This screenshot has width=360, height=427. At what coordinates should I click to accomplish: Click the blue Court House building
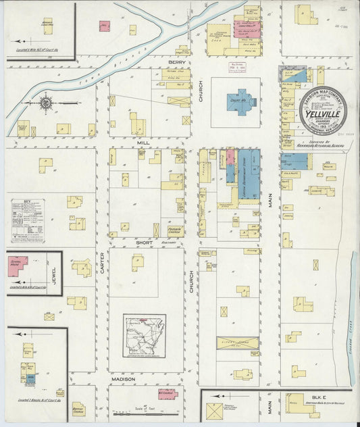[241, 102]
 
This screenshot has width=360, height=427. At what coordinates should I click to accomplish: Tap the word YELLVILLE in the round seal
[323, 113]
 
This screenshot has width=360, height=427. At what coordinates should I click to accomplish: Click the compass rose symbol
[47, 103]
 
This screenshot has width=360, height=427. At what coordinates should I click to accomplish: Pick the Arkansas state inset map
[144, 336]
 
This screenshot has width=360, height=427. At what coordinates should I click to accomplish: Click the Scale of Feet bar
[141, 413]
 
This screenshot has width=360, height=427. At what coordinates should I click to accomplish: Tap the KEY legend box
[28, 220]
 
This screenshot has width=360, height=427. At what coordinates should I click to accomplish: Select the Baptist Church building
[79, 408]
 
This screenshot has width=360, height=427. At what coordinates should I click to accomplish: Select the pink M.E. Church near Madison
[166, 393]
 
